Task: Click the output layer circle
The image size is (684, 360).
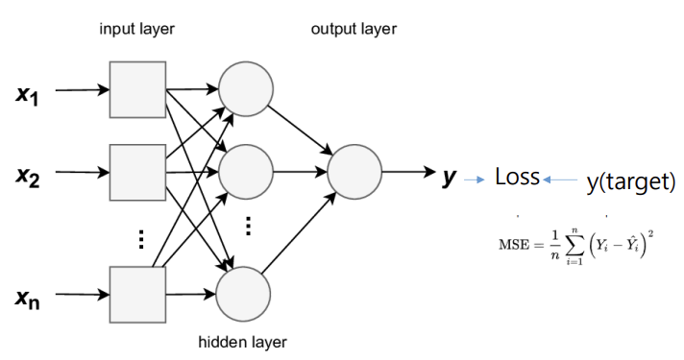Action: (355, 174)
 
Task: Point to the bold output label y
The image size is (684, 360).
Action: (448, 176)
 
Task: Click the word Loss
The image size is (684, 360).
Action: (517, 178)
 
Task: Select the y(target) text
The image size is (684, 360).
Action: (630, 181)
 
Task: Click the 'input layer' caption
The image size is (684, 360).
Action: (137, 29)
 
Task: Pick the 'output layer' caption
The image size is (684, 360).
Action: (353, 29)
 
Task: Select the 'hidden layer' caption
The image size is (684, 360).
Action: (243, 342)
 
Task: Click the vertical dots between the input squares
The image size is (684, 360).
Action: (140, 238)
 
